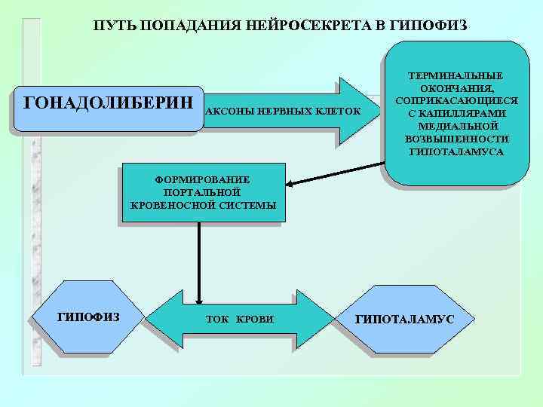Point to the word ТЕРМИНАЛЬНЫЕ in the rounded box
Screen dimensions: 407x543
(456, 76)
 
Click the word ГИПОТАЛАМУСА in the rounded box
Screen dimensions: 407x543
(456, 151)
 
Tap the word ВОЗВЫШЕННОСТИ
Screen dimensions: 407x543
(456, 139)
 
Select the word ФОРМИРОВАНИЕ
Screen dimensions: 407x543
(201, 179)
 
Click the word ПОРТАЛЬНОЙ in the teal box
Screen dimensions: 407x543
(201, 192)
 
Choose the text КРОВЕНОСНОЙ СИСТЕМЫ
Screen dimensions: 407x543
(203, 205)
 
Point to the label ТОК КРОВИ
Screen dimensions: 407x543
(239, 320)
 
